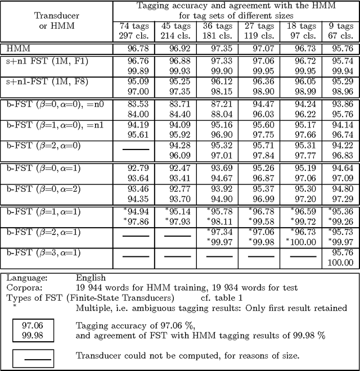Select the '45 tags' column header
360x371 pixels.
pyautogui.click(x=172, y=26)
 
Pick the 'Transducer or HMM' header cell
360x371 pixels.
pyautogui.click(x=57, y=21)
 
